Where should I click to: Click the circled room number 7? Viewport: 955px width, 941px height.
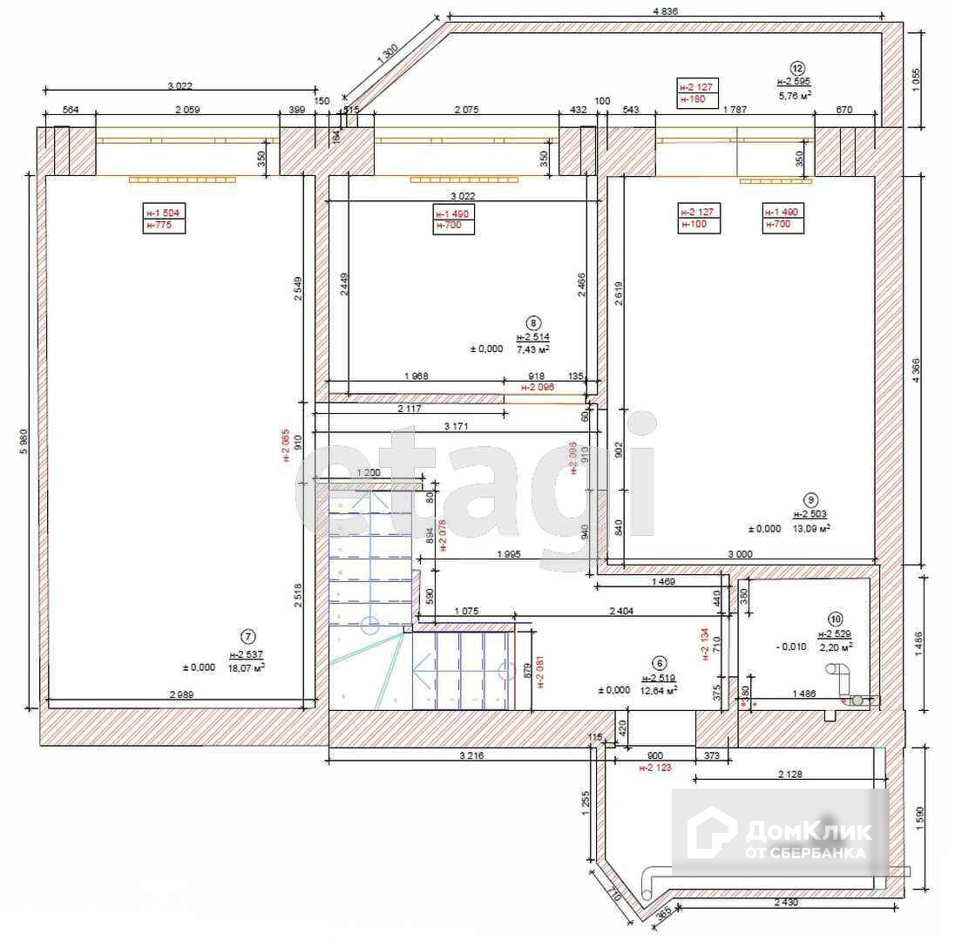(x=250, y=637)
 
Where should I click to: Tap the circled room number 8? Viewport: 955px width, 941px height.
(x=534, y=321)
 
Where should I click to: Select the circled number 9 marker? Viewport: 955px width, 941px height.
(x=810, y=499)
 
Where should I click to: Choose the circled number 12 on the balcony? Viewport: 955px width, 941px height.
(x=796, y=67)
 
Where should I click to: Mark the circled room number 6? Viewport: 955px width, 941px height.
(x=659, y=662)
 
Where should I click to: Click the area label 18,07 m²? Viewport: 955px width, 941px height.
(x=247, y=667)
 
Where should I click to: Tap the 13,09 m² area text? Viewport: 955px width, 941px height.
(x=810, y=528)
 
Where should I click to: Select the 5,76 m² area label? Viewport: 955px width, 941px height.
(x=795, y=97)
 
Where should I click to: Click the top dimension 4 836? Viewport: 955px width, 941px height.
(x=664, y=11)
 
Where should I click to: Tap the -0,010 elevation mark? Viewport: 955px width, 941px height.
(x=791, y=647)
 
